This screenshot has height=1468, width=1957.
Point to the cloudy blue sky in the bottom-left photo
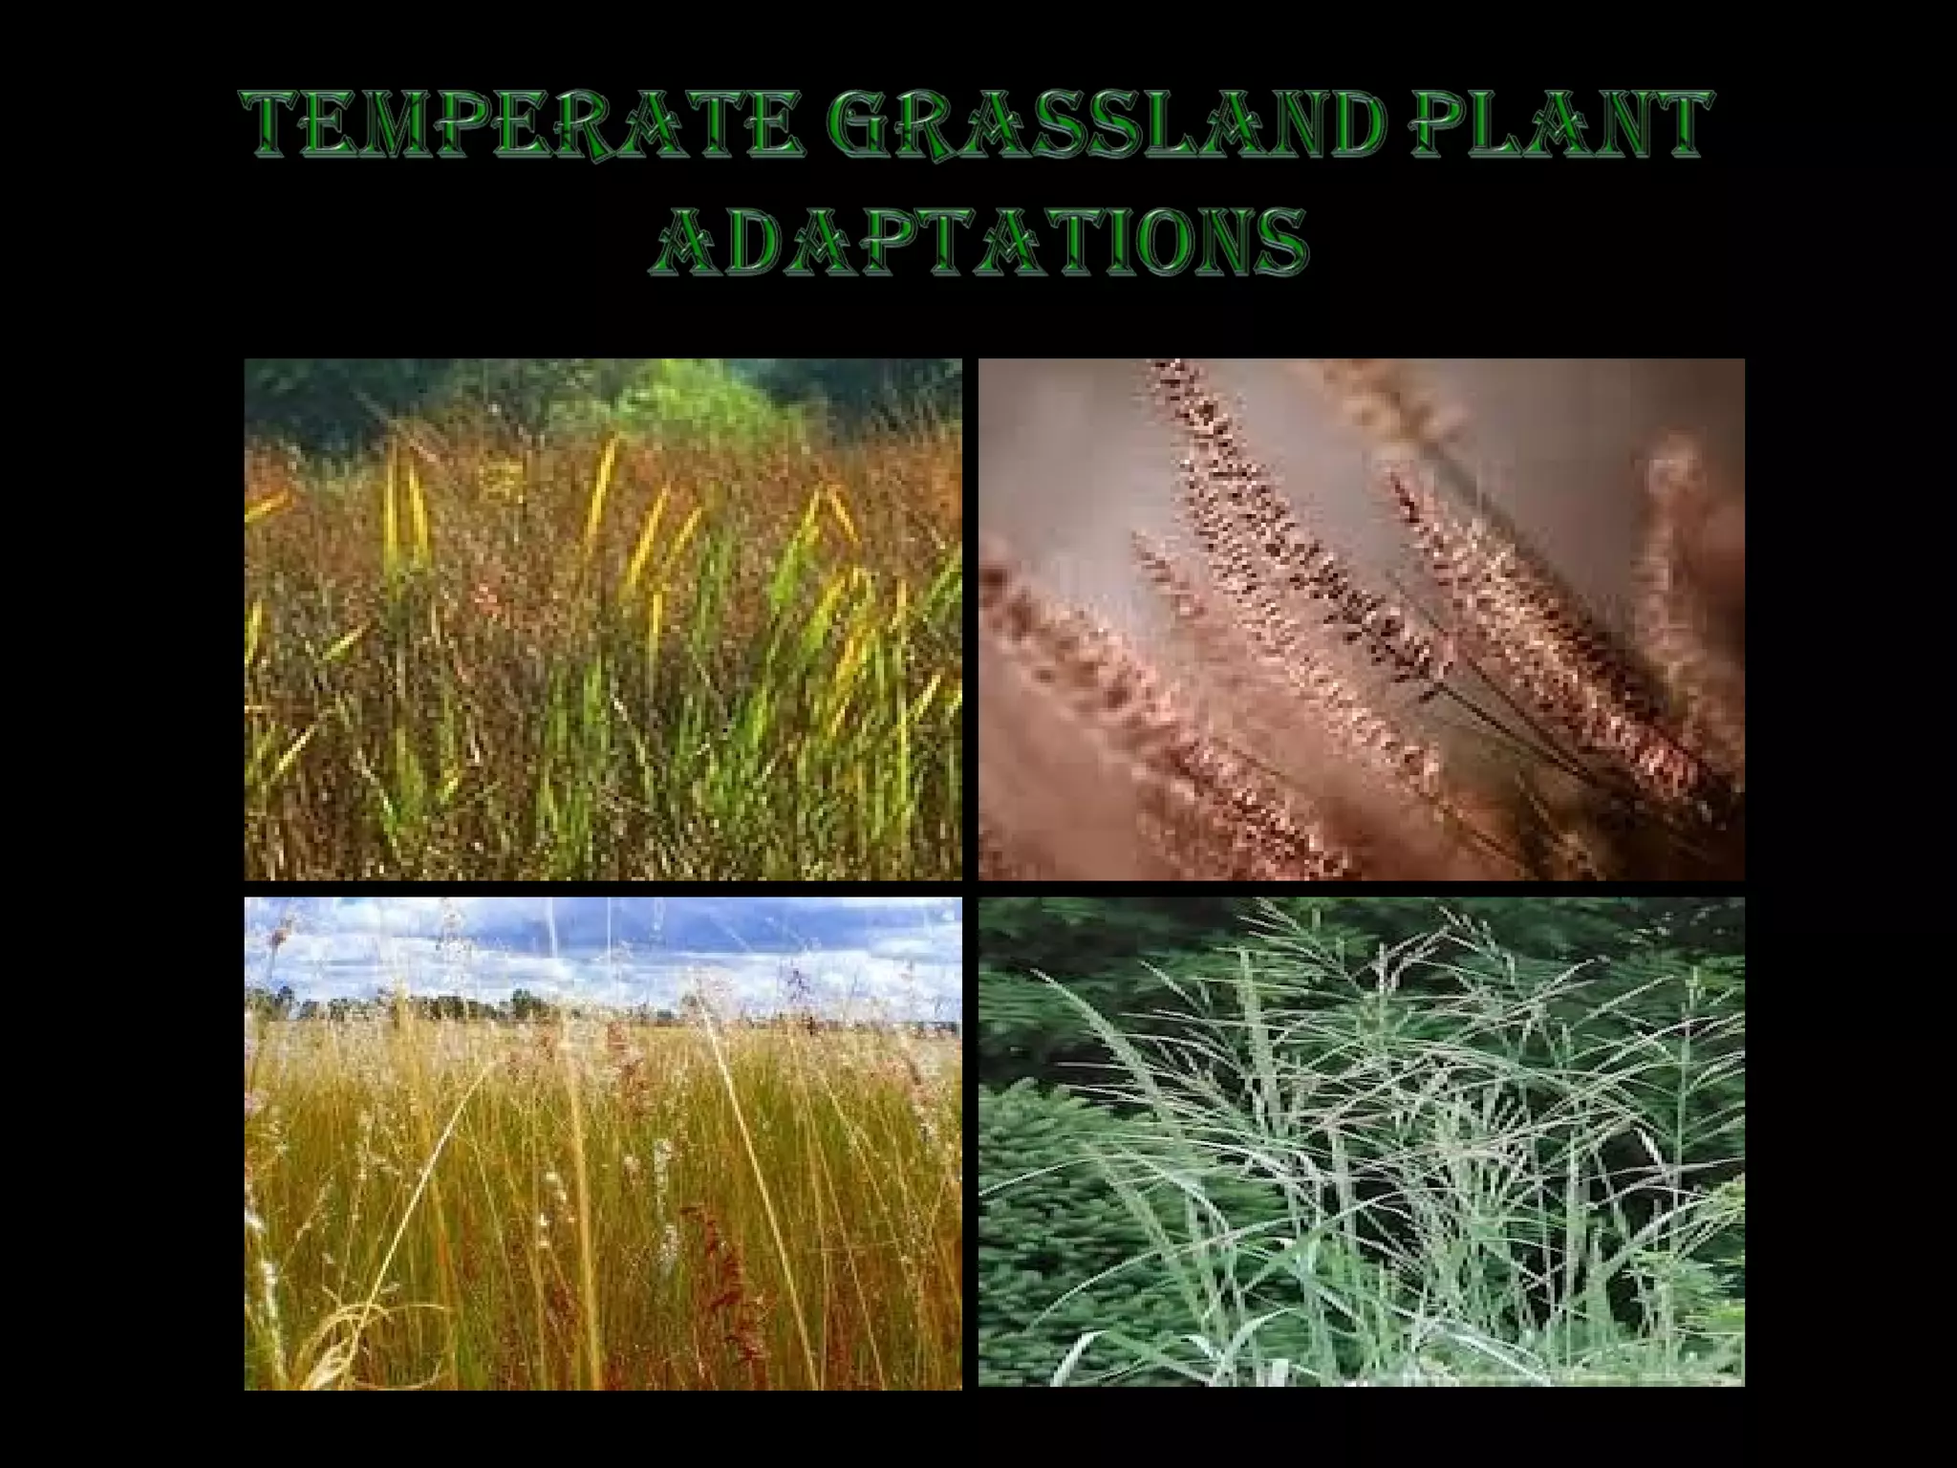click(x=669, y=946)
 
